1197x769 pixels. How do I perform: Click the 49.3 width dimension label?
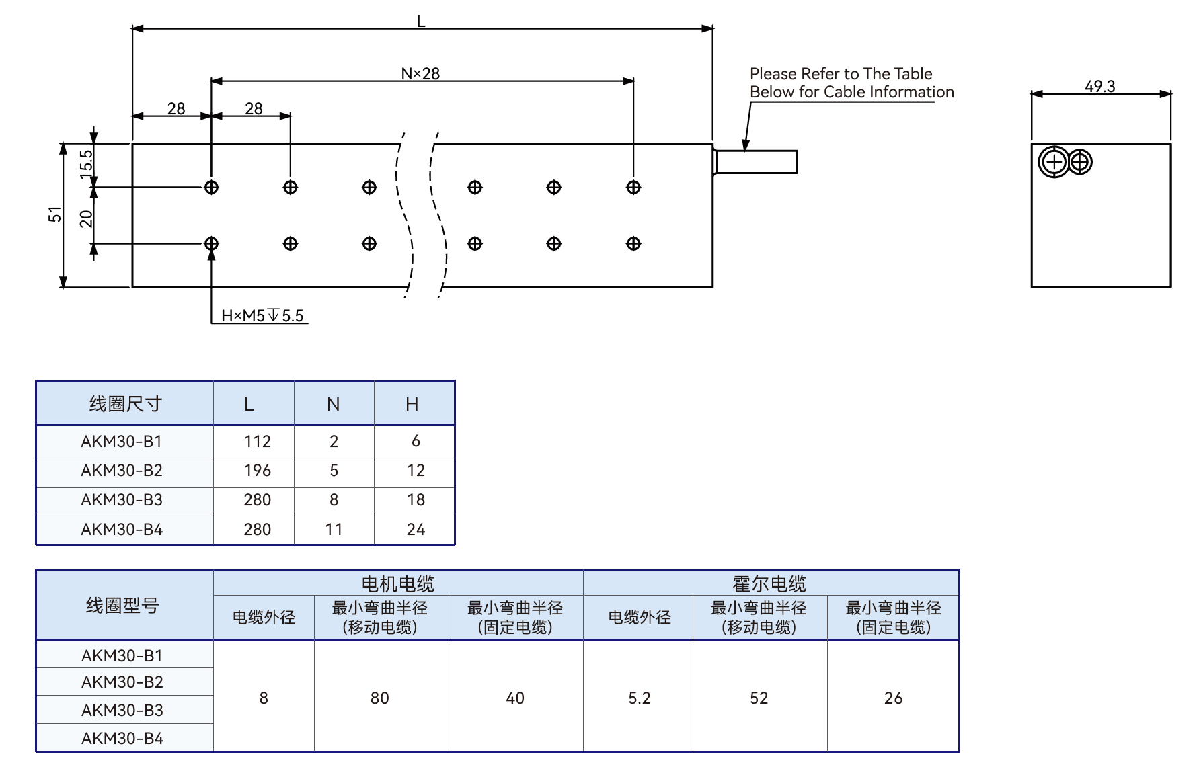[1099, 86]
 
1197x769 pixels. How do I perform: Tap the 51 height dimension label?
[54, 214]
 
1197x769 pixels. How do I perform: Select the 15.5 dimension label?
[86, 164]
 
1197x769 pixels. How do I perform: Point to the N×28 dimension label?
[420, 73]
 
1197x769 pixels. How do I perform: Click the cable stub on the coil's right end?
[755, 162]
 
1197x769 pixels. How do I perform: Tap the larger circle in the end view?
[1054, 162]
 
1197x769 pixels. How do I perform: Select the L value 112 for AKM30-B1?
[257, 441]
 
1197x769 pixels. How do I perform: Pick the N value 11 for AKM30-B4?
[334, 530]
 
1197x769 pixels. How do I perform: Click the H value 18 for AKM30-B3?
[416, 500]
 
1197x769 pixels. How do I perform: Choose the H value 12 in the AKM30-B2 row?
[416, 471]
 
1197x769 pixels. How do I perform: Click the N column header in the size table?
[334, 404]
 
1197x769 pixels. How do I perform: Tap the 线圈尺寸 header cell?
[126, 404]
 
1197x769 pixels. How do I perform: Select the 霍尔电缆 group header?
[769, 583]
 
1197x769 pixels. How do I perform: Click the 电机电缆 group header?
[398, 583]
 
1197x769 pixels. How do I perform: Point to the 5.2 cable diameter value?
[640, 698]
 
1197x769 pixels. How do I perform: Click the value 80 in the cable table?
[380, 698]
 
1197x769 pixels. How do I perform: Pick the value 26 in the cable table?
[893, 698]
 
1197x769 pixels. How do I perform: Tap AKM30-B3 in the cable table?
[122, 711]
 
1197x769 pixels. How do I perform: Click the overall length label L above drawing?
[421, 22]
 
